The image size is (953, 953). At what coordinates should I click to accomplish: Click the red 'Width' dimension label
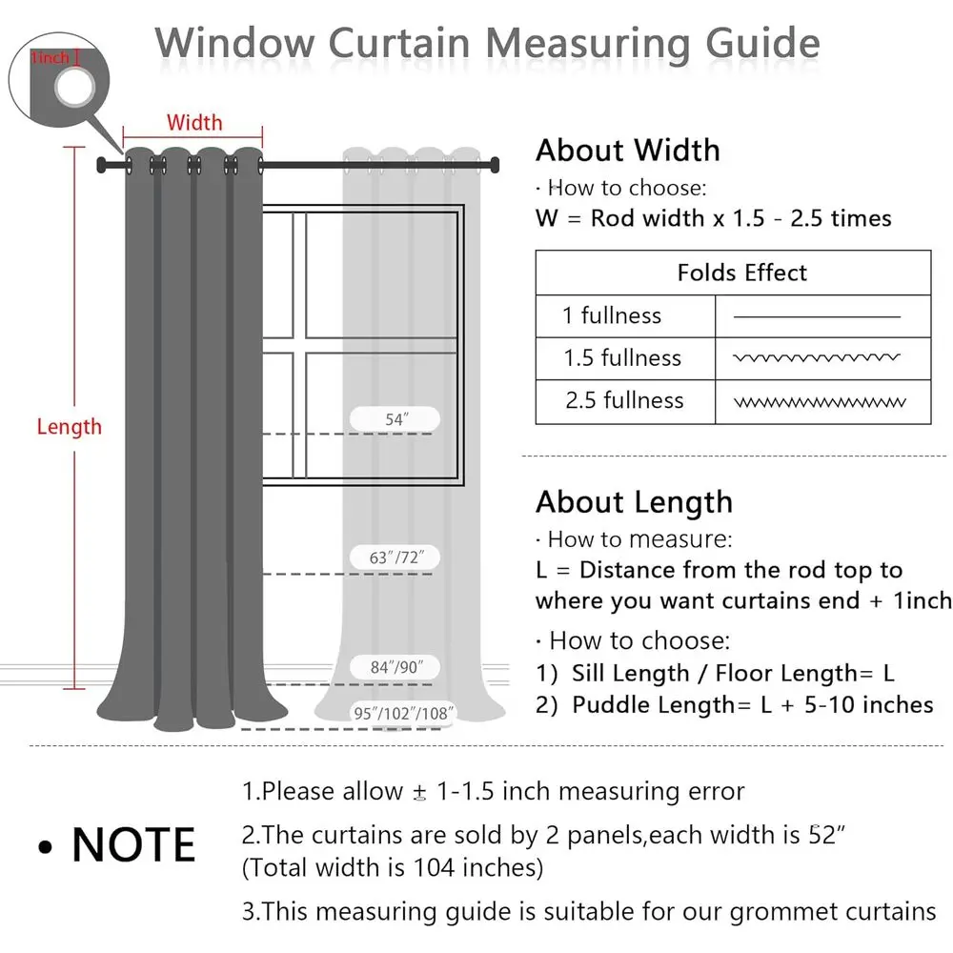point(194,122)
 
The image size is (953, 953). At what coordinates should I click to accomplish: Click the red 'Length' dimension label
point(69,426)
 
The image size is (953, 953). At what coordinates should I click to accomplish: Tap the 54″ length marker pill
point(395,418)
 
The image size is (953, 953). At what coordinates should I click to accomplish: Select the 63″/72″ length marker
point(395,557)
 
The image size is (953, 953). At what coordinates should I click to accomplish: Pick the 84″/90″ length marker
point(395,667)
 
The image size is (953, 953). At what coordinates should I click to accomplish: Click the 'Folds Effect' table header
point(741,273)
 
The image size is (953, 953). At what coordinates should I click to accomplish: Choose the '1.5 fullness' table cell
point(622,358)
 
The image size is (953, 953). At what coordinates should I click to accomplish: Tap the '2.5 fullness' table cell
point(624,400)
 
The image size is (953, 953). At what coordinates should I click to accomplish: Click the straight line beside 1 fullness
point(817,315)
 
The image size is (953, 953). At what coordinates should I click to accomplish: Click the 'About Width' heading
point(627,151)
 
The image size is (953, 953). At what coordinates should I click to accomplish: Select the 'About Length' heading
point(634,502)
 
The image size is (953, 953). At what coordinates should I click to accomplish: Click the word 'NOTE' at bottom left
point(133,844)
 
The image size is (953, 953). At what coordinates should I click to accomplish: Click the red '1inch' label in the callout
point(50,59)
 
